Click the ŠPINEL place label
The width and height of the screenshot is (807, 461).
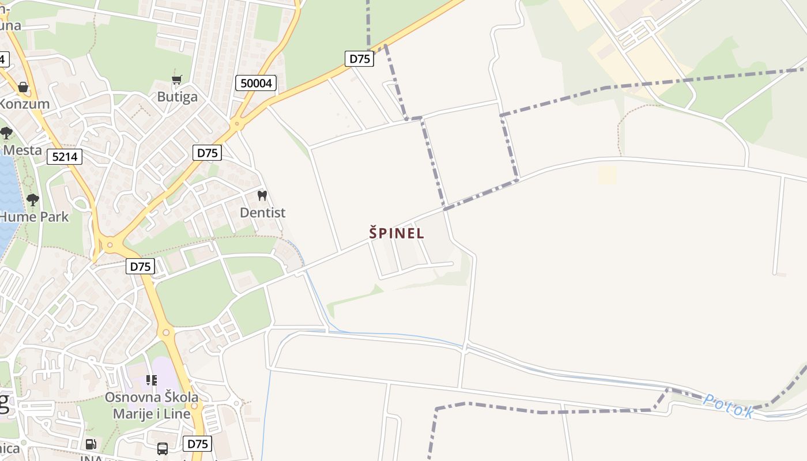coord(397,233)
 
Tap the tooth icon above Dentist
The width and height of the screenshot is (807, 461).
coord(262,195)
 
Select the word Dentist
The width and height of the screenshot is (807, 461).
coord(262,213)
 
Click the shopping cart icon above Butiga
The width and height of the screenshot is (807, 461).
coord(177,80)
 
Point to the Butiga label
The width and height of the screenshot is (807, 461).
coord(178,97)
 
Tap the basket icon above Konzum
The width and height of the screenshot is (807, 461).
coord(23,87)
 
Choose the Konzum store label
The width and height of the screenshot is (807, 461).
coord(24,104)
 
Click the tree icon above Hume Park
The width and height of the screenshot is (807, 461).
coord(33,200)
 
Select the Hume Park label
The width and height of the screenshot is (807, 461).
coord(35,217)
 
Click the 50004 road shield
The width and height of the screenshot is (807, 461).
coord(256,83)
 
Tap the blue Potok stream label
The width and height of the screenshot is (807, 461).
coord(728,406)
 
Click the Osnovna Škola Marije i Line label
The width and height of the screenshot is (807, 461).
coord(152,406)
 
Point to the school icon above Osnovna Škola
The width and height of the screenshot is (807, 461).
coord(152,380)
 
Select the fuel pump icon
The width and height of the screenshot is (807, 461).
coord(90,444)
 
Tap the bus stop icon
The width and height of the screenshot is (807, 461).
coord(163,448)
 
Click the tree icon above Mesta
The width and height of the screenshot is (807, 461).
coord(6,134)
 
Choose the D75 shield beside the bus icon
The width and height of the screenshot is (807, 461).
coord(197,444)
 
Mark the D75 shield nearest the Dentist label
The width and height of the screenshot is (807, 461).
coord(207,153)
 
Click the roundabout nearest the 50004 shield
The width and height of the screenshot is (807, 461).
coord(236,123)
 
